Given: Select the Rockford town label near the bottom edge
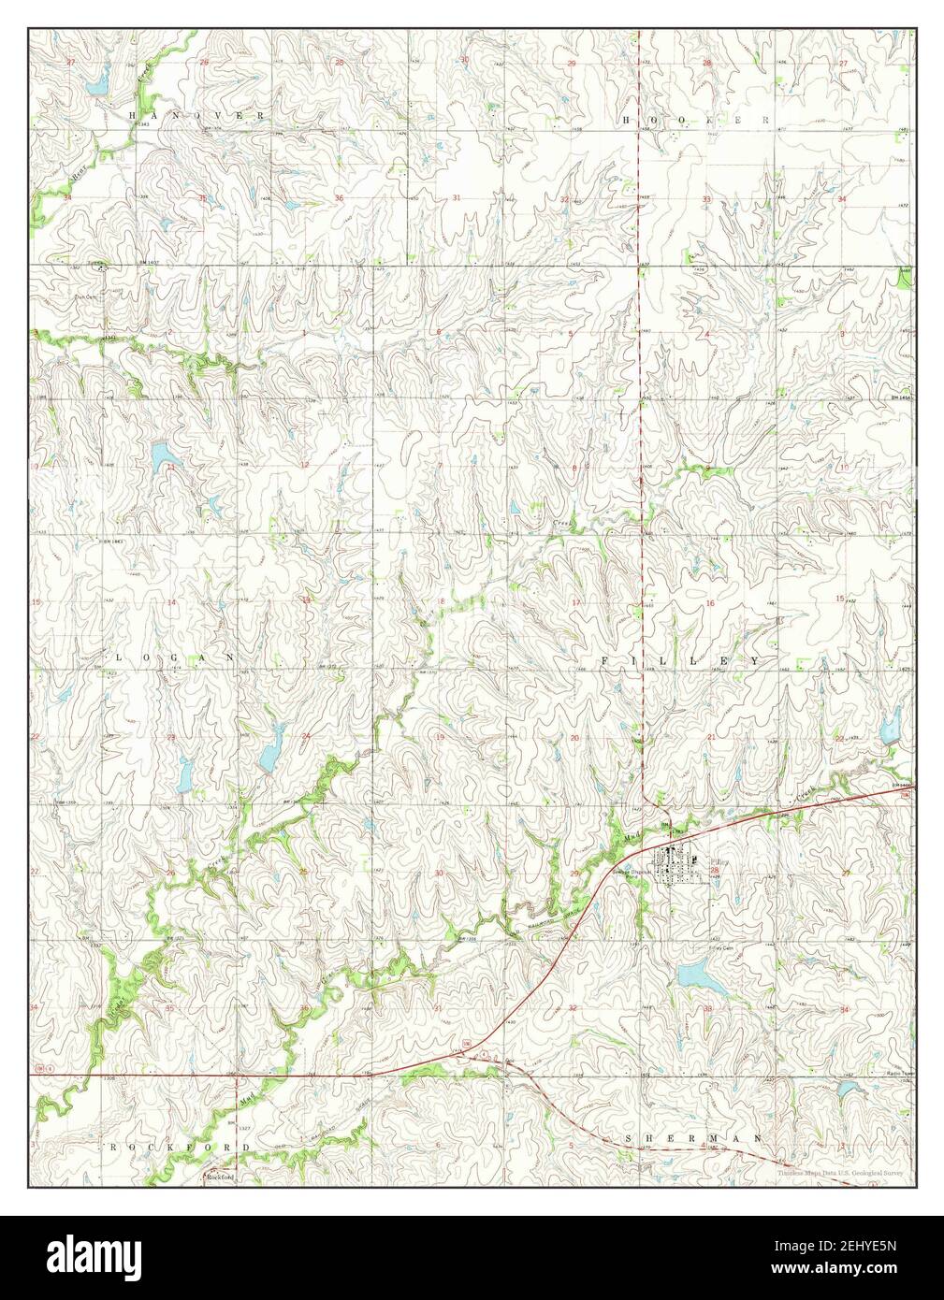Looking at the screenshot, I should [219, 1177].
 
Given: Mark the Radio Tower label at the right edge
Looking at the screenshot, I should [899, 1074].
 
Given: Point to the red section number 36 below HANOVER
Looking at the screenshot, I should [339, 198].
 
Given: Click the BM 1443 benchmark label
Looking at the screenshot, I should [112, 542].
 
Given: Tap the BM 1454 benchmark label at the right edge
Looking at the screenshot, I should [900, 398].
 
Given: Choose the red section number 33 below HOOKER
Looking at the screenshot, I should [707, 199].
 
